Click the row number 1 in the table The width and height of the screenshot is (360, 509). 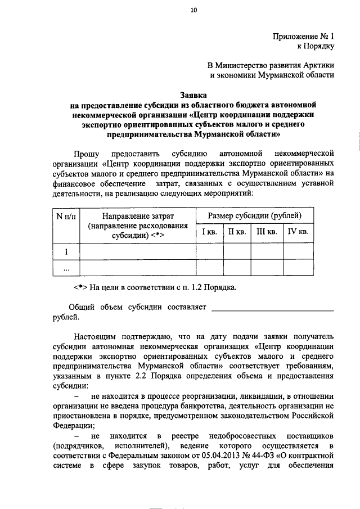(x=66, y=251)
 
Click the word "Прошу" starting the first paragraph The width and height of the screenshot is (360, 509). (x=86, y=153)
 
